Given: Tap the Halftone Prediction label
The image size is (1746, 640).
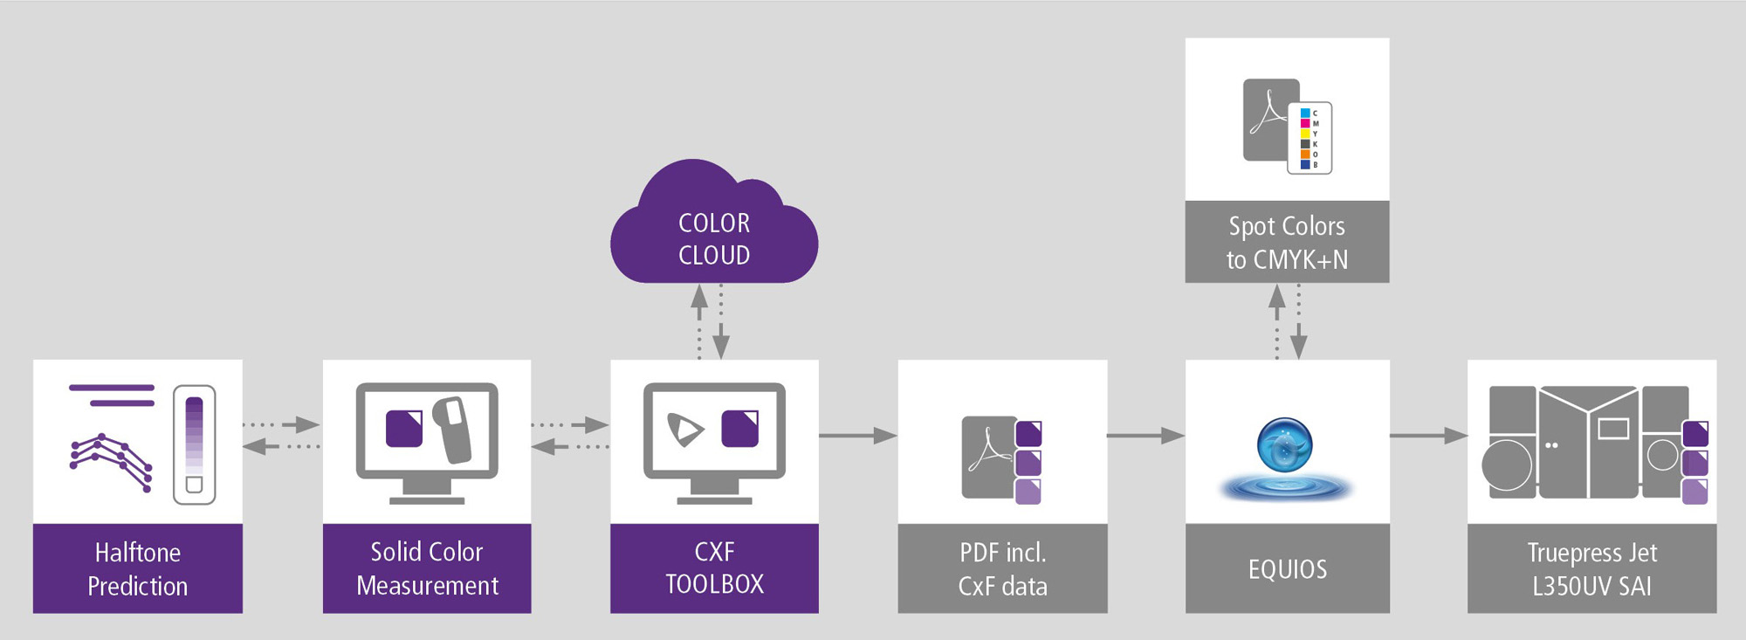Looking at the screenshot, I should [138, 568].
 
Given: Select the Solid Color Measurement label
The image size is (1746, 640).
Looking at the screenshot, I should [427, 568].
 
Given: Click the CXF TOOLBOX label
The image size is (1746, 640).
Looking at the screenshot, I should [714, 568].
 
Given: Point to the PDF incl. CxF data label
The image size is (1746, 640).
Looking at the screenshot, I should [1002, 568].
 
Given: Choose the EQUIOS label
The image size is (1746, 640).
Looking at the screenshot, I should [1288, 569].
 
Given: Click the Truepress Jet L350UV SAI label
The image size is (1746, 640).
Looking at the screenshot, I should [1591, 568].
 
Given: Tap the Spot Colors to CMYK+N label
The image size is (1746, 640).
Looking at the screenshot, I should [1287, 242].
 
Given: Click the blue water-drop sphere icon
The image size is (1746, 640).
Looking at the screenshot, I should [1284, 444].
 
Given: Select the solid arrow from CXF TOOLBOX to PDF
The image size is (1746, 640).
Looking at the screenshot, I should [857, 435].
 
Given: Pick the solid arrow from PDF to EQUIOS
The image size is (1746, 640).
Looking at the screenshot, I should [1145, 435].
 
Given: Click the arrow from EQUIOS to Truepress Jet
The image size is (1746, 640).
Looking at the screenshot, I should [1428, 435].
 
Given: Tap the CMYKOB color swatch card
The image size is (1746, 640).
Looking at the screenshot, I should [1309, 138].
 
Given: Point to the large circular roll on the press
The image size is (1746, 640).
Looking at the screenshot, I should [1507, 465].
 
